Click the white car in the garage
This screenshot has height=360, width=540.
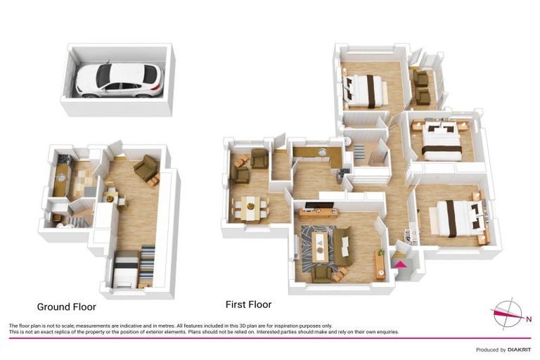coord(119,79)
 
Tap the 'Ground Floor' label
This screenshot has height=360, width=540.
coord(66,307)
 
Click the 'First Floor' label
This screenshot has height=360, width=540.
coord(248,304)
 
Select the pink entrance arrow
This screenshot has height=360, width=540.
coord(400,264)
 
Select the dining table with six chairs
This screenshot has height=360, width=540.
coord(250,207)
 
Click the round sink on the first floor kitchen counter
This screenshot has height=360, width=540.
coord(322,152)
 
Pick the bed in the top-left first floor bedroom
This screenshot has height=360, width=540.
coord(366,91)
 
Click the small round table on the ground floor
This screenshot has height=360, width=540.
coord(110,198)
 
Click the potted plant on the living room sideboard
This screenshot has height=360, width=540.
coord(380,252)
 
